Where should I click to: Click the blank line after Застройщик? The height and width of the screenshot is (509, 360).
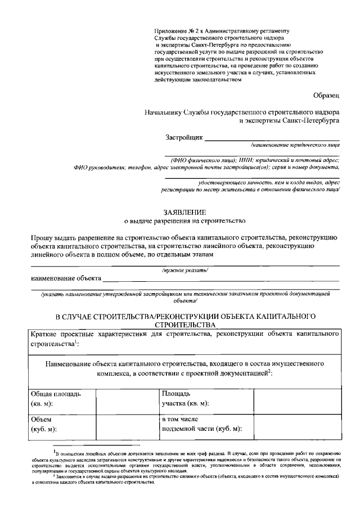point(271,138)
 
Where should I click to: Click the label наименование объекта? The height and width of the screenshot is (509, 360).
point(66,278)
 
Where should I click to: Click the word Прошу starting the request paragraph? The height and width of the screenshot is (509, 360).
point(41,238)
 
